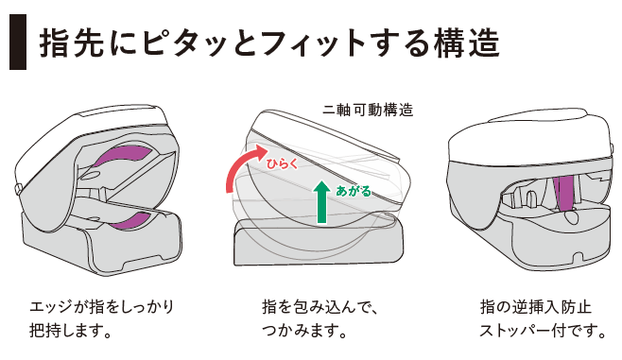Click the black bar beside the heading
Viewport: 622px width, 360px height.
(x=18, y=42)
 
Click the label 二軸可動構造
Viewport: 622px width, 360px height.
(x=368, y=110)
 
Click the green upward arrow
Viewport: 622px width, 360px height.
(x=321, y=202)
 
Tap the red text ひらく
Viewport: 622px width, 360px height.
(x=282, y=163)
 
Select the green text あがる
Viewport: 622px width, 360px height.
(x=354, y=191)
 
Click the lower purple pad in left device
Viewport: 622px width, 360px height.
(x=129, y=221)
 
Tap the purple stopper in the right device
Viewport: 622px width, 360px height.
(x=562, y=193)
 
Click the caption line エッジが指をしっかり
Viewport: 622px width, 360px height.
(x=102, y=307)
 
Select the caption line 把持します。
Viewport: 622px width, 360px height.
(x=70, y=330)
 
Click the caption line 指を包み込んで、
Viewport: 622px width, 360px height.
(x=320, y=307)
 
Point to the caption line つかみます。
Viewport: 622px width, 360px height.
(x=304, y=330)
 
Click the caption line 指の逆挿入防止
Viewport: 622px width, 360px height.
(x=536, y=307)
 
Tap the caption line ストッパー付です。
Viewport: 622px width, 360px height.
(x=543, y=330)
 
